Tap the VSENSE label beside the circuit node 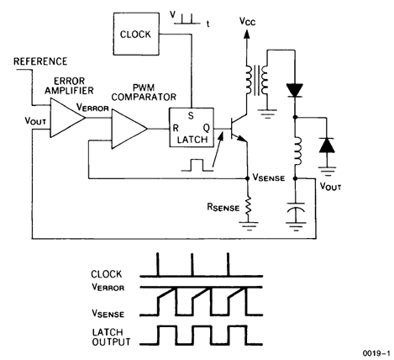(271, 179)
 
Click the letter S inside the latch (192, 116)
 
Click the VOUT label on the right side (337, 180)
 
